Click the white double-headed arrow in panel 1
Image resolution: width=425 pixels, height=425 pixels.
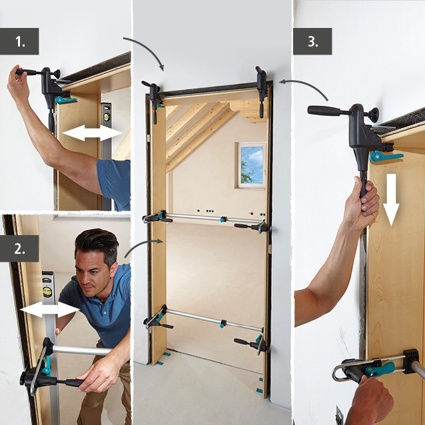(92, 135)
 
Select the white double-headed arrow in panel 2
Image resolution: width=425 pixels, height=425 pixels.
(49, 310)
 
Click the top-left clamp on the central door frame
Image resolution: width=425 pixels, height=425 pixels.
(154, 95)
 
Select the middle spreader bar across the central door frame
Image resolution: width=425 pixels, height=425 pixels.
(207, 220)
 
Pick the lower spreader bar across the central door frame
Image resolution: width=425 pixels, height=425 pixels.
(207, 319)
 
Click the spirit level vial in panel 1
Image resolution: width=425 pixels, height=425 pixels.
(106, 120)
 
